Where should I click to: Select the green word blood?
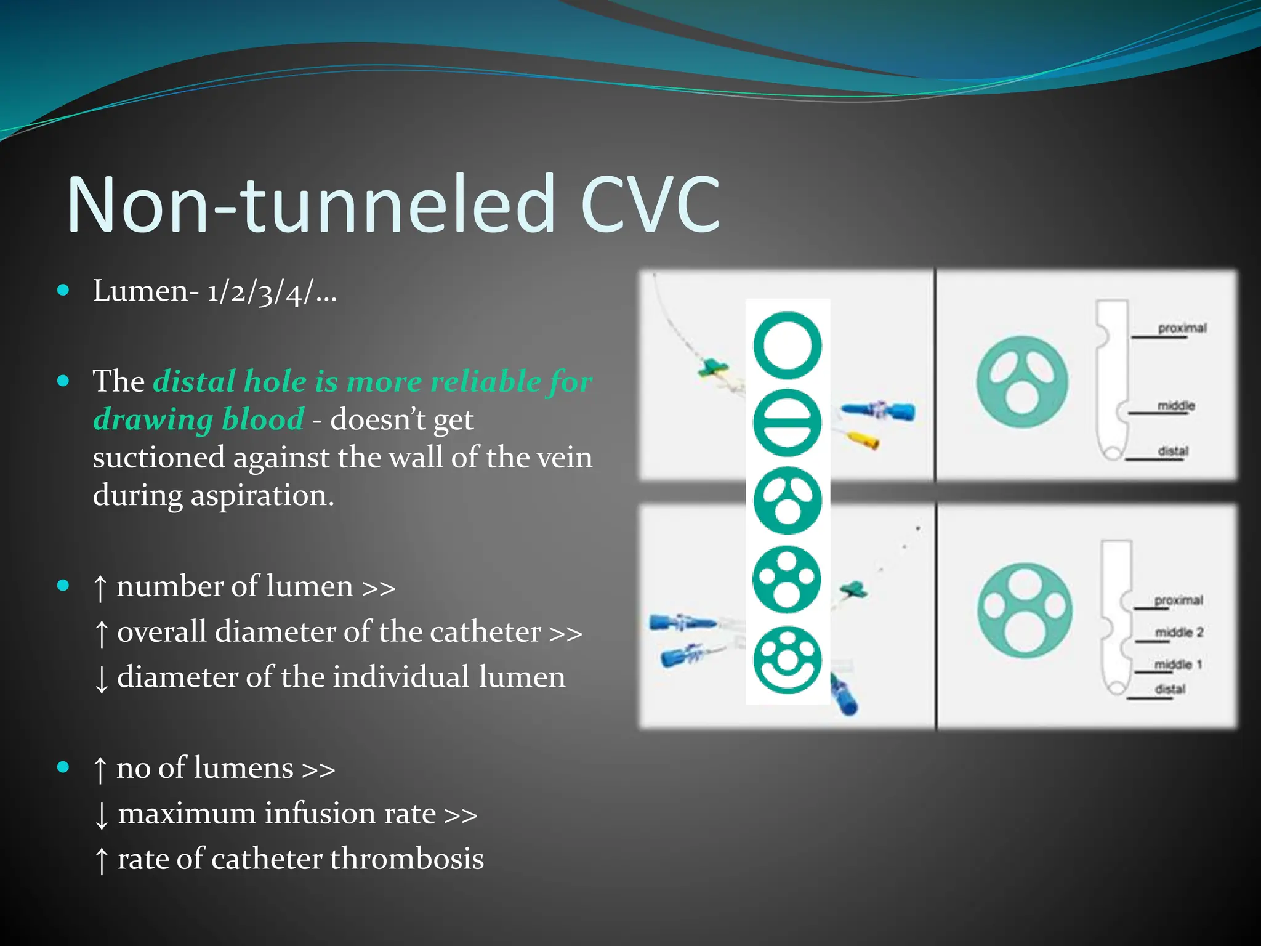263,419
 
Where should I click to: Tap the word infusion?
320,813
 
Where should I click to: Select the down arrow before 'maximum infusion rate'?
102,815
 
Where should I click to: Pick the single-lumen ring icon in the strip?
788,346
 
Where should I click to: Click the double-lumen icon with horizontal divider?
788,422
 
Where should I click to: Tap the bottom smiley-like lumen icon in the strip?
788,660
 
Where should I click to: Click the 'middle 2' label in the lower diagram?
1178,633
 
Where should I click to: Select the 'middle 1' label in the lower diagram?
1178,665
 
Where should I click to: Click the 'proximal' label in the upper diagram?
1182,328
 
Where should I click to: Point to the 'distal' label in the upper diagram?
1173,451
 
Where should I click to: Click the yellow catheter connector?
862,439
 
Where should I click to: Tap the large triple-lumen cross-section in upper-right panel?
1021,382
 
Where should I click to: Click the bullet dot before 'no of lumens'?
63,767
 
